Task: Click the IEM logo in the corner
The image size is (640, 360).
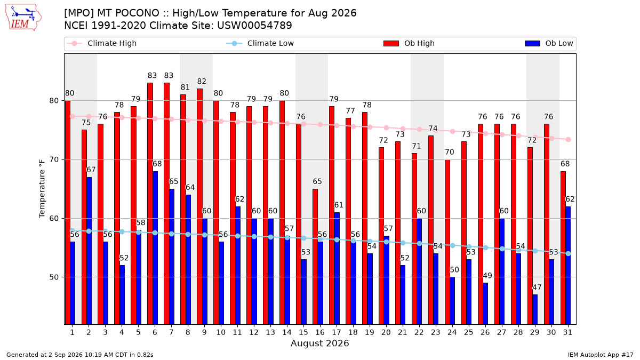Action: click(x=23, y=18)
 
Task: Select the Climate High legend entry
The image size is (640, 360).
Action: click(x=101, y=43)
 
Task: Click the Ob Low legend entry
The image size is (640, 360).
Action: click(x=549, y=43)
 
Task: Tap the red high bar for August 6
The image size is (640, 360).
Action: click(x=150, y=204)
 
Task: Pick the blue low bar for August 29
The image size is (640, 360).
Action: click(x=535, y=309)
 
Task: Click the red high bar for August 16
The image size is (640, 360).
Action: click(x=315, y=257)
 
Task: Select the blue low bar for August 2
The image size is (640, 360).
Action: click(x=89, y=251)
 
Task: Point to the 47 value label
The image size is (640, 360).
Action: click(x=537, y=287)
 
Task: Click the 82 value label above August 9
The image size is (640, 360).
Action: click(x=202, y=82)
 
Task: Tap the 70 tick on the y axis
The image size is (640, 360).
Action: click(x=53, y=159)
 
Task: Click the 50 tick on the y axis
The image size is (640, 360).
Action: click(x=53, y=277)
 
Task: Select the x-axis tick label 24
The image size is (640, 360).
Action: click(x=452, y=332)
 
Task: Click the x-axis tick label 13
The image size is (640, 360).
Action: click(x=270, y=332)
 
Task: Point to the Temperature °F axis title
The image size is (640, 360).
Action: click(x=42, y=189)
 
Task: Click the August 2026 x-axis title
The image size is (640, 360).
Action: click(x=319, y=343)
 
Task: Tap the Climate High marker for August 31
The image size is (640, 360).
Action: click(x=569, y=139)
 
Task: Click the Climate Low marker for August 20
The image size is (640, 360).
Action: click(x=386, y=242)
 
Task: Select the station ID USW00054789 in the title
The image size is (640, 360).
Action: click(x=254, y=26)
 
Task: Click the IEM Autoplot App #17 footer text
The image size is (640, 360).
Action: click(x=601, y=355)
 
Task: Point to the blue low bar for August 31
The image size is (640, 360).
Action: click(x=568, y=266)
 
